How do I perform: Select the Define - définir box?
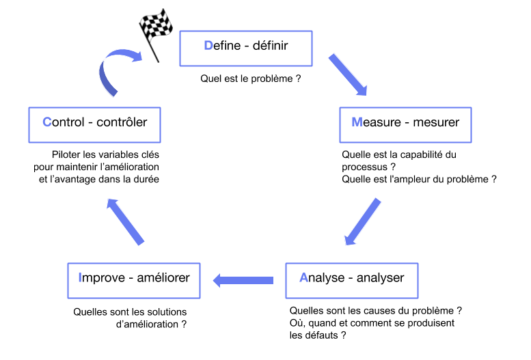[246, 46]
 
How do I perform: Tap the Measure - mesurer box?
[406, 123]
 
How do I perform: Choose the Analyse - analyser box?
[351, 278]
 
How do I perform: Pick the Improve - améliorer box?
[134, 278]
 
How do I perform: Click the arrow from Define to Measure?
[348, 74]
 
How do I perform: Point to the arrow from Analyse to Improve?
[244, 279]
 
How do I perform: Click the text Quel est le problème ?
[251, 79]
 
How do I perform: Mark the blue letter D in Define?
[208, 46]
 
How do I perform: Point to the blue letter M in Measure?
[357, 123]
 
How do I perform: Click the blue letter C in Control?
[46, 123]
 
